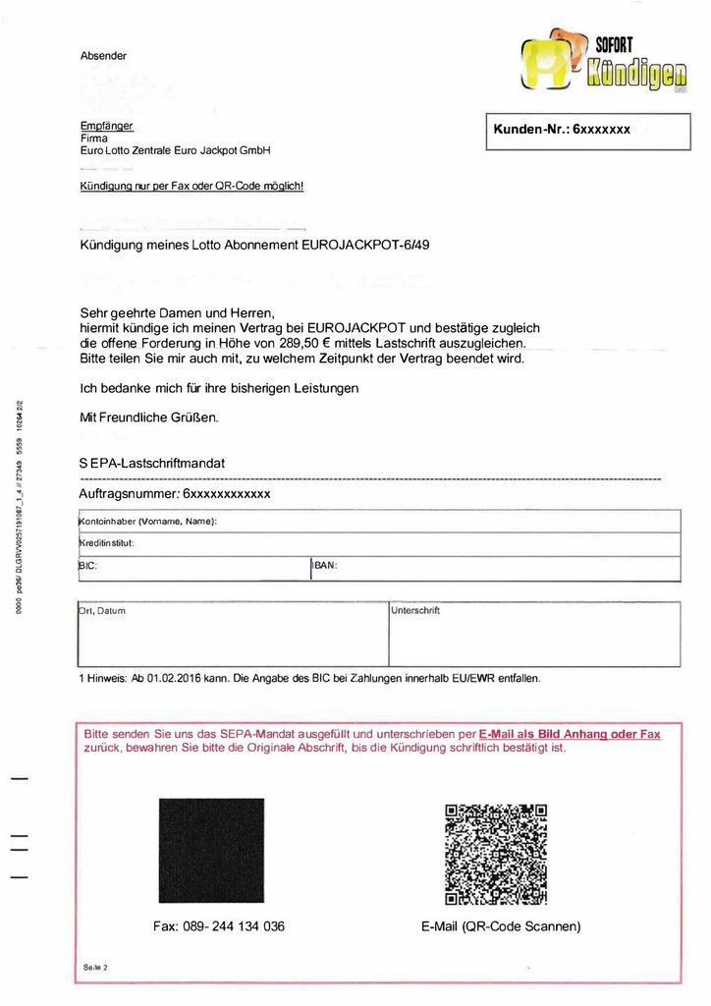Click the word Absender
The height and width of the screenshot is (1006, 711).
(103, 56)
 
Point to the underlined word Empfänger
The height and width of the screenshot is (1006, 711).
(106, 126)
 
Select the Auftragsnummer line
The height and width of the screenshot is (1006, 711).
(174, 493)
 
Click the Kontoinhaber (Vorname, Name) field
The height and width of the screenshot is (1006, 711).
(378, 521)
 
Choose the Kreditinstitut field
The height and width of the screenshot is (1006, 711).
(378, 543)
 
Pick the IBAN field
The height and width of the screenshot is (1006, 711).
(495, 568)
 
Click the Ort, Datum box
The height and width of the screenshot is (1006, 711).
(233, 635)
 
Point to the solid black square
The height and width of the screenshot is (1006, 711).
(211, 851)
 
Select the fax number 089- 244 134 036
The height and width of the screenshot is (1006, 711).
(219, 926)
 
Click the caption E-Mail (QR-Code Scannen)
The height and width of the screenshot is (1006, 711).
(501, 926)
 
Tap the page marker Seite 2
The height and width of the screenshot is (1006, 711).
(95, 968)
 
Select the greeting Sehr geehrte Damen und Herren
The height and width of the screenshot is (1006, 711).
(171, 312)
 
